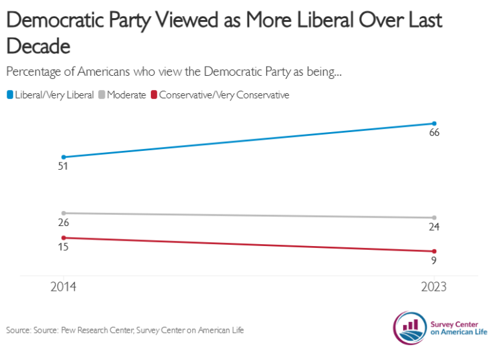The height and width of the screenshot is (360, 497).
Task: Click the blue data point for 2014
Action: point(63,157)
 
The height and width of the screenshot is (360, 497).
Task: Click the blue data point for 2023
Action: point(434,124)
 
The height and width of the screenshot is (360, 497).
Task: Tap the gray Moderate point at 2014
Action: point(63,213)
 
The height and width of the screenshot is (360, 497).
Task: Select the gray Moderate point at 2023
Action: point(434,218)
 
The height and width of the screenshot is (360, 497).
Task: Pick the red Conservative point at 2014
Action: point(63,238)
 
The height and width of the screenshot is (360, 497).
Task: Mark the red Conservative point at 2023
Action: point(434,251)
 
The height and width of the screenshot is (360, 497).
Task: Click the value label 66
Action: point(434,133)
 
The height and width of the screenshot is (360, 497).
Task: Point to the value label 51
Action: point(63,166)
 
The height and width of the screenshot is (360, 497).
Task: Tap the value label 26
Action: point(63,223)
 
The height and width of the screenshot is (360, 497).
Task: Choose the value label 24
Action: point(434,227)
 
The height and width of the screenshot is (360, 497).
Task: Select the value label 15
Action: point(63,247)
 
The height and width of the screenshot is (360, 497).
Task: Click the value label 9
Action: point(434,261)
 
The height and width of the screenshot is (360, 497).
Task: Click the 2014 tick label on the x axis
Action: point(63,287)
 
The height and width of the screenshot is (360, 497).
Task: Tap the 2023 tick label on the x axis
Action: point(434,287)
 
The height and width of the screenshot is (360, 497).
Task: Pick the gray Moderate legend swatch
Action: point(102,95)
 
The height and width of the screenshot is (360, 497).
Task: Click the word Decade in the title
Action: point(38,47)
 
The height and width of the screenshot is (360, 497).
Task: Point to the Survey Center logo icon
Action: point(408,326)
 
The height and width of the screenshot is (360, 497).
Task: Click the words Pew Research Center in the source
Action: point(97,331)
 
